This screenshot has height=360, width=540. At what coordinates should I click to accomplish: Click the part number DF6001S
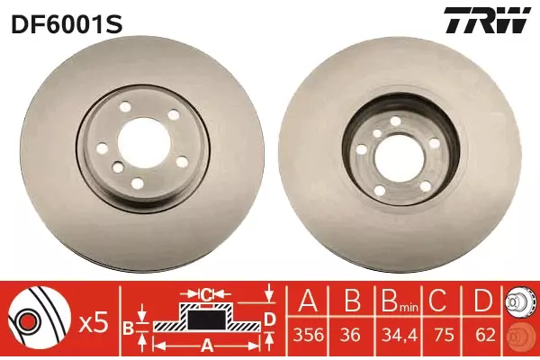67,24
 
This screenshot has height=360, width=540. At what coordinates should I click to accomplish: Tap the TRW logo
487,21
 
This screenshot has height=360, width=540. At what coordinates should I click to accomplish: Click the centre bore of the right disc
399,158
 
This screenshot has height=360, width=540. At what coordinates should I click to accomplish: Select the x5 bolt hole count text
94,324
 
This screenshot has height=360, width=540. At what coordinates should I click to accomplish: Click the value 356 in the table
308,335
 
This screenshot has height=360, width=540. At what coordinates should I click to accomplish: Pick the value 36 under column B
351,335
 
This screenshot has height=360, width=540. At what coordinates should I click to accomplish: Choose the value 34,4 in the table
398,335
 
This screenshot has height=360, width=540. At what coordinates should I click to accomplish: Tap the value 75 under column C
444,335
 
